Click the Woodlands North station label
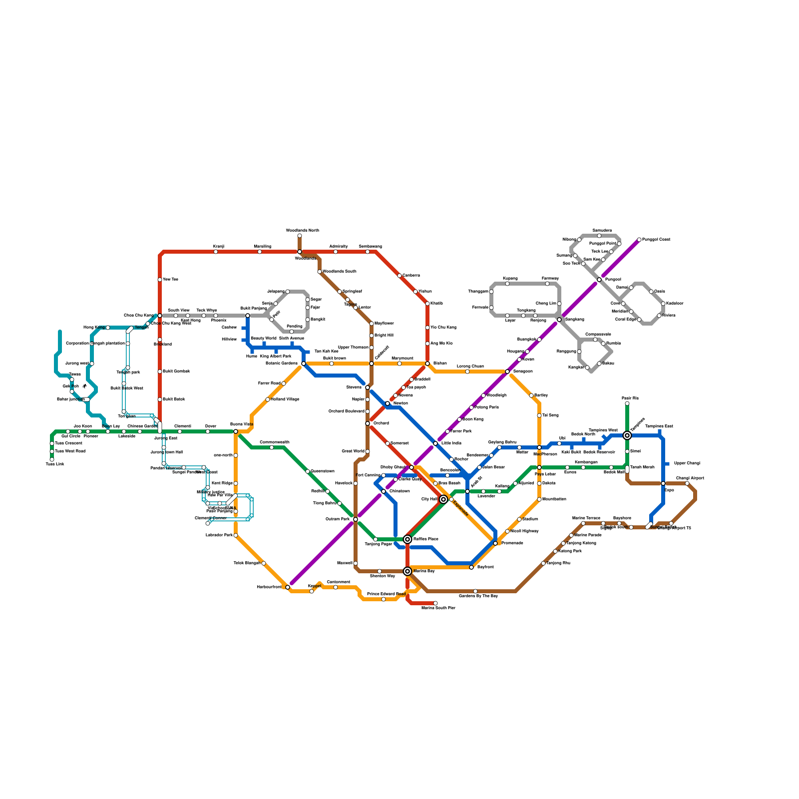click(302, 231)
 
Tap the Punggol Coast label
click(656, 240)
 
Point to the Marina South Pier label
click(438, 608)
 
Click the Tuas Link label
click(55, 464)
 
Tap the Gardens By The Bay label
click(478, 596)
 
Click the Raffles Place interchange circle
click(407, 539)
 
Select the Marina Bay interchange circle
click(407, 571)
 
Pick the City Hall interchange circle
click(443, 499)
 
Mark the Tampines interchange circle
click(627, 435)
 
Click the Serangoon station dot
click(507, 372)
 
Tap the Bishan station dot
click(427, 364)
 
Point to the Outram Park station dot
click(356, 519)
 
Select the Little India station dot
click(435, 443)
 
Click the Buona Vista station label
click(241, 424)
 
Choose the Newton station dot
click(388, 403)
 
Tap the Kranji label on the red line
click(219, 247)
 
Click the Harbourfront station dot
click(288, 587)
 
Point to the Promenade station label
click(512, 543)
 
